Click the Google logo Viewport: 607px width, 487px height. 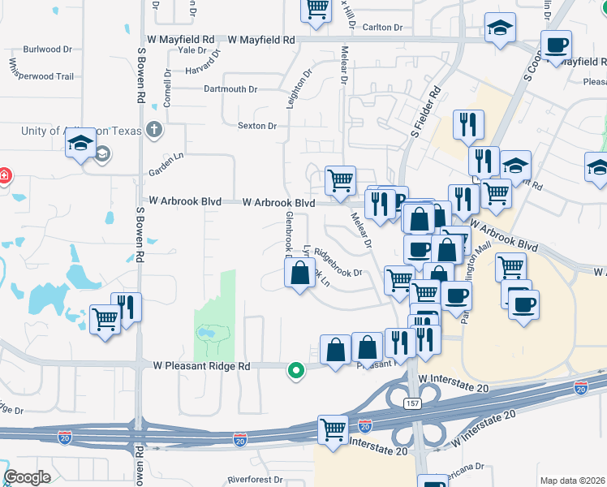pyautogui.click(x=27, y=477)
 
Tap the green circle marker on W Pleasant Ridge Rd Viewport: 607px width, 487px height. pyautogui.click(x=296, y=370)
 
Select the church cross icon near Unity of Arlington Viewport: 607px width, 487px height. pyautogui.click(x=154, y=130)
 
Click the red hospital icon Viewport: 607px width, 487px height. pyautogui.click(x=4, y=175)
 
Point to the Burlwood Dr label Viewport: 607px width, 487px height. pyautogui.click(x=48, y=50)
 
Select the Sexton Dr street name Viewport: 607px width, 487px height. pyautogui.click(x=257, y=126)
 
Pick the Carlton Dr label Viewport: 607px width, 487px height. pyautogui.click(x=382, y=28)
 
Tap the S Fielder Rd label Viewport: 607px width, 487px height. pyautogui.click(x=424, y=110)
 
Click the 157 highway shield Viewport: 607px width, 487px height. pyautogui.click(x=414, y=403)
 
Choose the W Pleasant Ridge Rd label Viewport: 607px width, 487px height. pyautogui.click(x=202, y=367)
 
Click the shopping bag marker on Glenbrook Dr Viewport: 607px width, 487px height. pyautogui.click(x=300, y=273)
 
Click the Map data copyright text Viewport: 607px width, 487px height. pyautogui.click(x=572, y=481)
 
